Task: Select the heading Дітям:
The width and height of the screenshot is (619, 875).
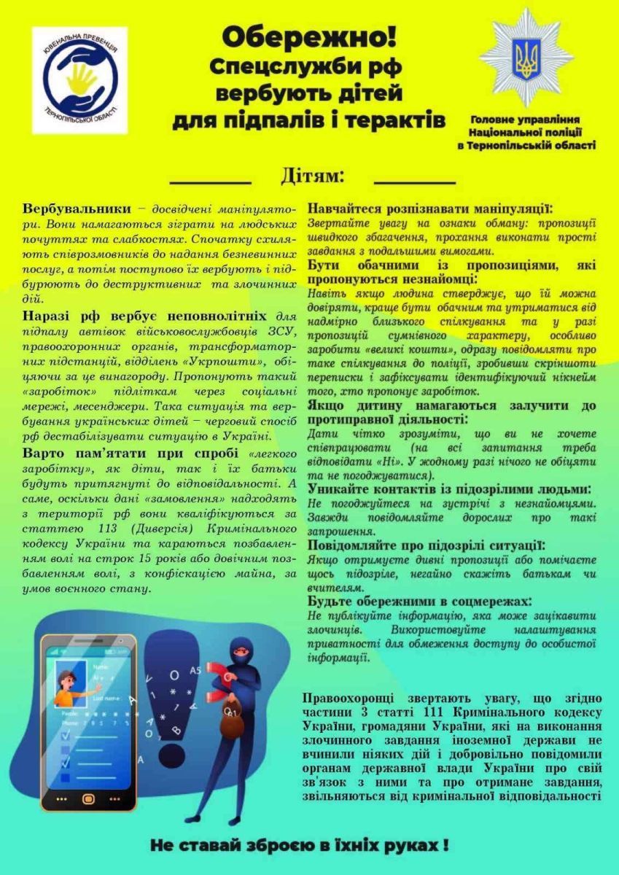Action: (x=312, y=176)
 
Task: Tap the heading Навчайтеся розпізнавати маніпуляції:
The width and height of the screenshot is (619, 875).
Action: (x=430, y=208)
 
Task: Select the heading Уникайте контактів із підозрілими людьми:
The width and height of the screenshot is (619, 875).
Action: (x=450, y=489)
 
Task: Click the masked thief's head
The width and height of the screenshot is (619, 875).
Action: (x=241, y=647)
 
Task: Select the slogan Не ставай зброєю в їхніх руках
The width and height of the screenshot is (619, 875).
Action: (x=299, y=846)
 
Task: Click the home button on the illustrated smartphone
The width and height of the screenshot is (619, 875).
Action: (x=89, y=798)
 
